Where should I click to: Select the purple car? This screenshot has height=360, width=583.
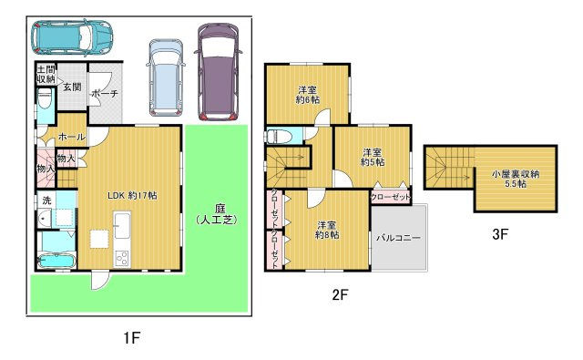[x=218, y=71]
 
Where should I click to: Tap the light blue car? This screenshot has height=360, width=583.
[x=166, y=77]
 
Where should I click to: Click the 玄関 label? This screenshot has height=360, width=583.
[x=72, y=87]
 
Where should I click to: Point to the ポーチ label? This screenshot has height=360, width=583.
[x=105, y=93]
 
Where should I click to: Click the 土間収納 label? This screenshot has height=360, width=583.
[x=46, y=74]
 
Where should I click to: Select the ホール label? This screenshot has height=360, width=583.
[x=72, y=137]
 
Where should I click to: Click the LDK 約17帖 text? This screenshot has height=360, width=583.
[x=132, y=195]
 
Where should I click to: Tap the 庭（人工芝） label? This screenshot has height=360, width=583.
[x=217, y=214]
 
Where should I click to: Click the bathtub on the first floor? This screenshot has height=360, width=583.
[x=57, y=261]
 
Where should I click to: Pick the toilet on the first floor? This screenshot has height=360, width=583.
[x=46, y=98]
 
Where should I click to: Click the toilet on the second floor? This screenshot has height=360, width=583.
[x=277, y=136]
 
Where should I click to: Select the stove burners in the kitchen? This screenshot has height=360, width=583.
[x=122, y=258]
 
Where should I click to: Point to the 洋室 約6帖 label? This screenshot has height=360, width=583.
[x=308, y=95]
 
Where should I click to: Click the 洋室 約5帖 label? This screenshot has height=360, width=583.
[x=373, y=157]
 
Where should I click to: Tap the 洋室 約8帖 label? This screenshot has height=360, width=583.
[x=327, y=230]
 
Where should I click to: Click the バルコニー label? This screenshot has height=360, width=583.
[x=398, y=238]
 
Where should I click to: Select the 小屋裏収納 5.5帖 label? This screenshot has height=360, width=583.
[x=515, y=179]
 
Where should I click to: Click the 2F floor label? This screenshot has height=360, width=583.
[x=340, y=295]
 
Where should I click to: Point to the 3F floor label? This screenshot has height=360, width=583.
[x=500, y=234]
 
